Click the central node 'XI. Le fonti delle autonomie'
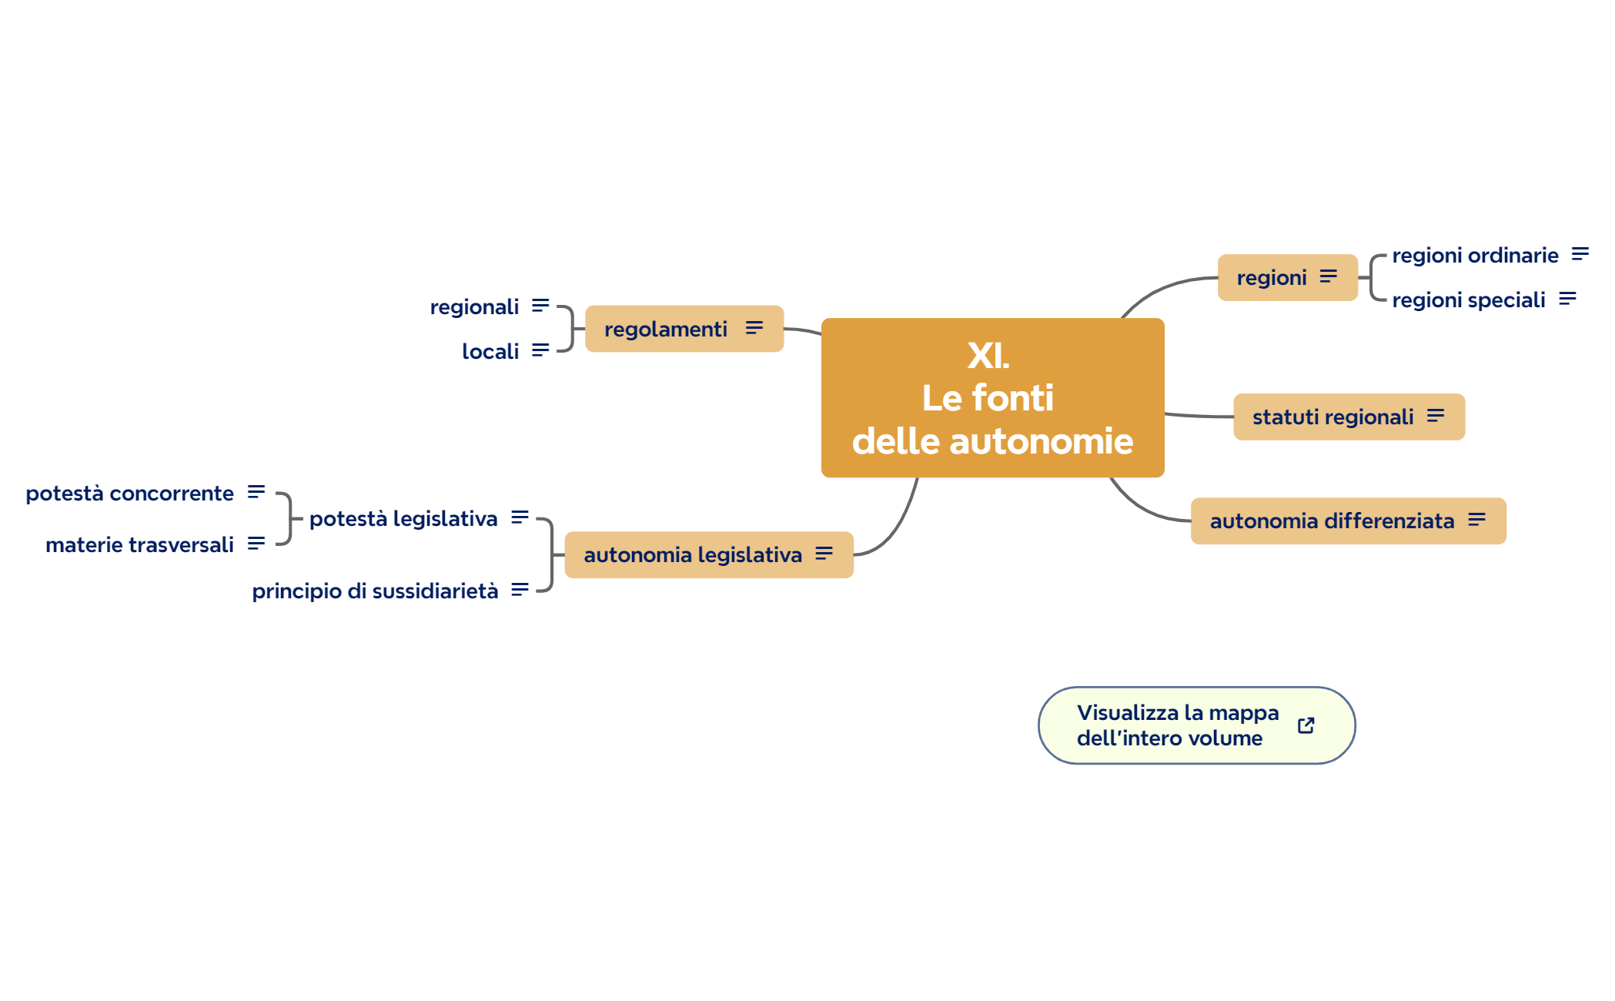click(x=992, y=397)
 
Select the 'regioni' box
click(x=1272, y=277)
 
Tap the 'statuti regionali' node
click(x=1332, y=417)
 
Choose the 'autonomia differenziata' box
click(x=1332, y=521)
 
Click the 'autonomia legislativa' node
click(x=692, y=554)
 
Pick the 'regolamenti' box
click(x=665, y=329)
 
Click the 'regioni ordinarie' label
click(x=1475, y=255)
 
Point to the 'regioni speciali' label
click(x=1468, y=300)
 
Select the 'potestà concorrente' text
click(x=129, y=493)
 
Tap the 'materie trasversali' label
click(x=139, y=544)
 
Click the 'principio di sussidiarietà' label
click(x=375, y=591)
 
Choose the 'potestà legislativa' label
click(x=403, y=518)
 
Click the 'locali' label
click(x=490, y=351)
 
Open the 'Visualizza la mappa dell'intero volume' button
click(x=1178, y=725)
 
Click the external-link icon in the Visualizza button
click(x=1306, y=725)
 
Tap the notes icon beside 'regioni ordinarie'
click(x=1580, y=254)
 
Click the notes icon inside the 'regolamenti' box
click(x=754, y=328)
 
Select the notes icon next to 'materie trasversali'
click(x=256, y=544)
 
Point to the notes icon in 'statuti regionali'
click(x=1436, y=416)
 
